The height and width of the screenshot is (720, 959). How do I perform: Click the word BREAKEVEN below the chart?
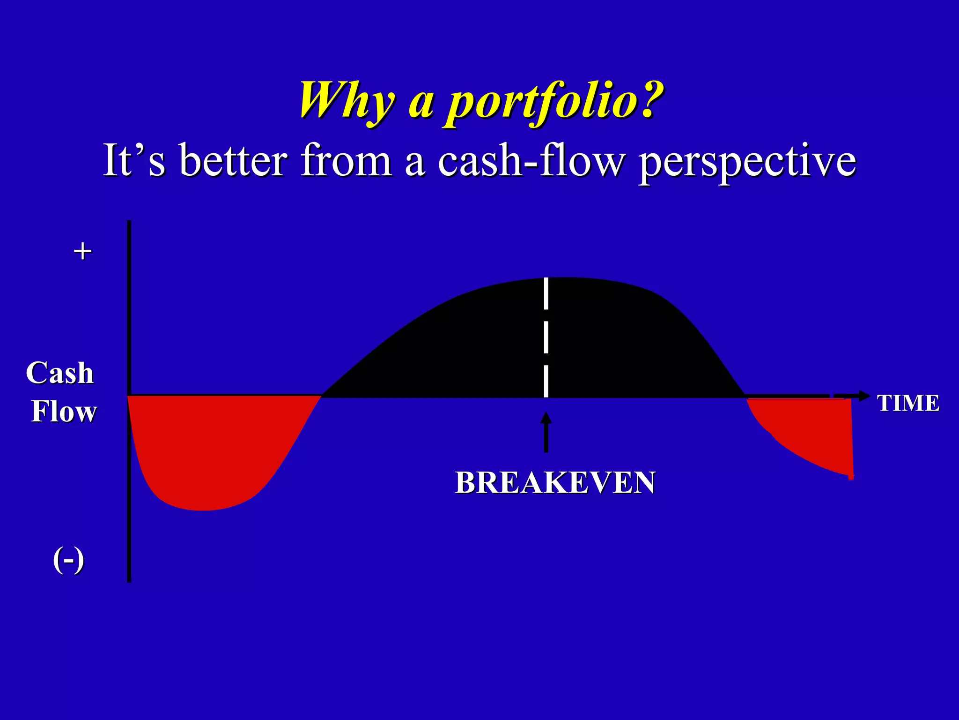pos(555,482)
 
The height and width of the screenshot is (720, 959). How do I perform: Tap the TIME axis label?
pos(908,403)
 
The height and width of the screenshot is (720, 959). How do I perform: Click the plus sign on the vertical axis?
pos(82,251)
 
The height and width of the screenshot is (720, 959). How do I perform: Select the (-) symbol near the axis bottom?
pos(68,560)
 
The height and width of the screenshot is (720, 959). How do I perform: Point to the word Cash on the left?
pos(60,373)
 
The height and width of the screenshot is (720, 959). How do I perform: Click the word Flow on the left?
pos(64,411)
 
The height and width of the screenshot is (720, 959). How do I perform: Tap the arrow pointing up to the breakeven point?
pos(546,431)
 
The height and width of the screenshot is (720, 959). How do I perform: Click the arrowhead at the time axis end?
pos(863,396)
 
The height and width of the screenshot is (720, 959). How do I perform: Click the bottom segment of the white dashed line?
pos(546,381)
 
